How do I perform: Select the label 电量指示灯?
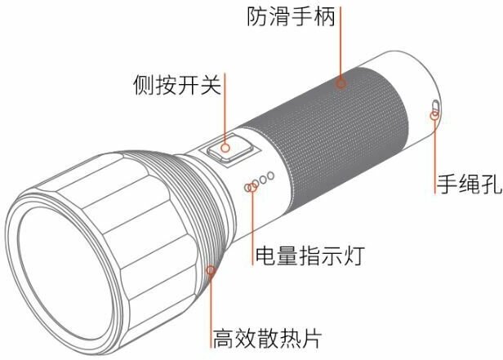coord(308,256)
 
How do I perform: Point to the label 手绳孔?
coord(466,184)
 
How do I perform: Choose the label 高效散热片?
coord(264,336)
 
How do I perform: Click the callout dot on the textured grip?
coord(341,82)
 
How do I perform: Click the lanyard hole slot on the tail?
coord(435,107)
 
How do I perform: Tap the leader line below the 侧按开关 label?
coord(225,114)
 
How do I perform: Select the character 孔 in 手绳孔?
coord(488,184)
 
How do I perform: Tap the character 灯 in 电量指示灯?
coord(351,256)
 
